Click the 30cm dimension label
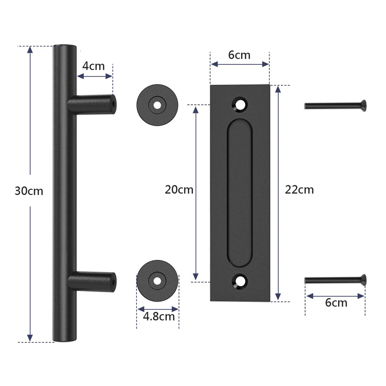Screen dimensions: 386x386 29,191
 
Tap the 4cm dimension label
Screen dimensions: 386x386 93,66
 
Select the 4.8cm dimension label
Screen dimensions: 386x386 159,317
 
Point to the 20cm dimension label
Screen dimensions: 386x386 179,190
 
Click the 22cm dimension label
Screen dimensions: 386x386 299,190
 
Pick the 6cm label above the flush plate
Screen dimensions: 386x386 239,55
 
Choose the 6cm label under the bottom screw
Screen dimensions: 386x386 336,303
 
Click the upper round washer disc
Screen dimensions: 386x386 157,105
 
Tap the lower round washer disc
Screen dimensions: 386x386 157,280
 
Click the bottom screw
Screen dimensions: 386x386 335,280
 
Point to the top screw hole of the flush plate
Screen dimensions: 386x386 240,104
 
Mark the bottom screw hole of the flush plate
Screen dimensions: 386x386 240,281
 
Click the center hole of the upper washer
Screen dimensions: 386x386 157,105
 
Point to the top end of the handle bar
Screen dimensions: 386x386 64,47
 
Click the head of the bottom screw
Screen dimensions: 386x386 363,279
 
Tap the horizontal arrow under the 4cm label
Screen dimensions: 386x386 95,76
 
